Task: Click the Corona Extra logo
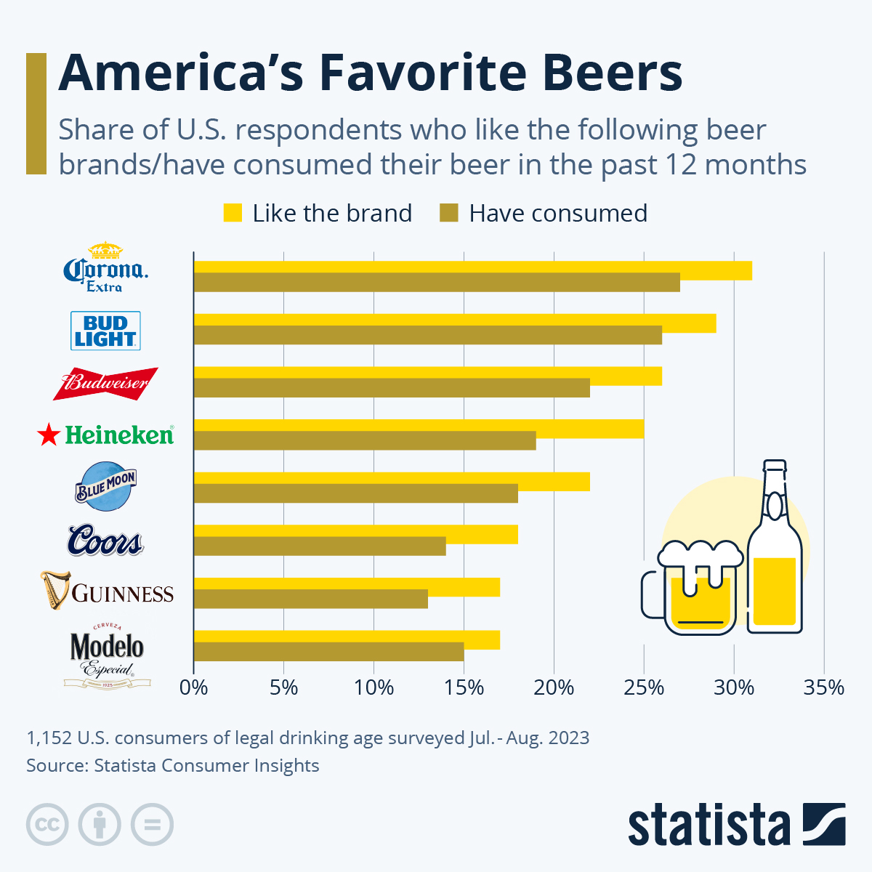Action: [x=106, y=267]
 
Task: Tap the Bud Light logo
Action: [x=105, y=331]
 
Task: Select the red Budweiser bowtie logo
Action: [x=105, y=383]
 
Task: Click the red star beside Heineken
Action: [x=48, y=435]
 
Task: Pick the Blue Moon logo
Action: [x=106, y=485]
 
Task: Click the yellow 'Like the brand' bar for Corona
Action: [x=472, y=270]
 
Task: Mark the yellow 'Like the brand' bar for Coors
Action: [x=355, y=534]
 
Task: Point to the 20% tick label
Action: [x=554, y=687]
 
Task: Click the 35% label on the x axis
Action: [x=824, y=687]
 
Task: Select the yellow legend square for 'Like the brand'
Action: [x=233, y=213]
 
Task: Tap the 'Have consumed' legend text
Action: [x=558, y=213]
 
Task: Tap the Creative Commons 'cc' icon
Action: [x=47, y=825]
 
